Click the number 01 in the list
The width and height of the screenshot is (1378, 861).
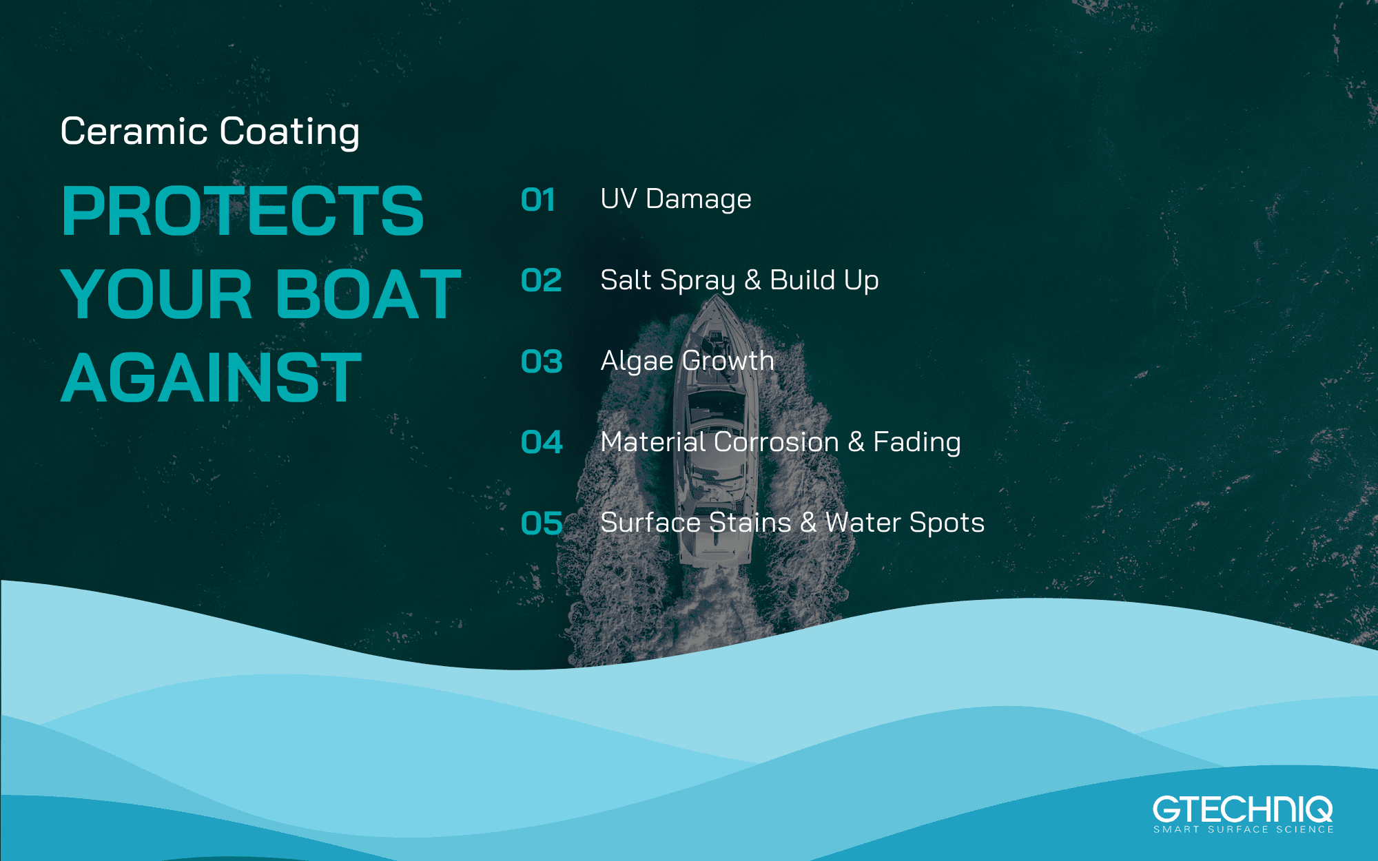[538, 200]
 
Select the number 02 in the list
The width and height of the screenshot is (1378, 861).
[542, 280]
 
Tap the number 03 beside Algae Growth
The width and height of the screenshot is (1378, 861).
[542, 362]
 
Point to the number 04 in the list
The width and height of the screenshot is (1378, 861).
[542, 442]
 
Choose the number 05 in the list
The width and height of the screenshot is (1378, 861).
[542, 523]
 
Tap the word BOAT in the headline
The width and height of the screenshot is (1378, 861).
[369, 294]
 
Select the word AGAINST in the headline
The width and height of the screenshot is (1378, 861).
[212, 377]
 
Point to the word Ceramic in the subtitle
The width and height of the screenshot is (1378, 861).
[134, 131]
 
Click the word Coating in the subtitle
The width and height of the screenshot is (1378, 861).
[289, 132]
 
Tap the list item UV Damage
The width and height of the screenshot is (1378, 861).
[676, 199]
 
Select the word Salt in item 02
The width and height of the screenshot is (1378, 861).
[626, 280]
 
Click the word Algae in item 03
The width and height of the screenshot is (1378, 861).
[637, 362]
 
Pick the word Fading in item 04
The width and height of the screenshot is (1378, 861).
[917, 442]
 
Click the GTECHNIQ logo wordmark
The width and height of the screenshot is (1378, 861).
[1243, 809]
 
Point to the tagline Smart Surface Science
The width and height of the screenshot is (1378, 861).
[1244, 829]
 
